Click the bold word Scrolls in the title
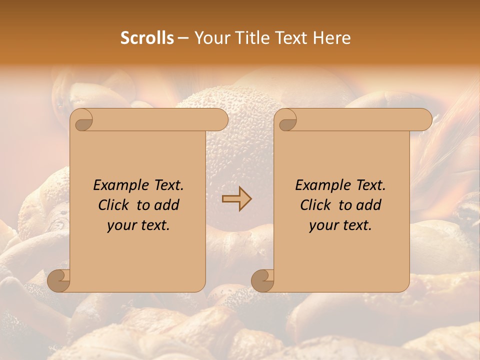click(147, 38)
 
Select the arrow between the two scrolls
click(236, 198)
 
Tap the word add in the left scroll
click(167, 205)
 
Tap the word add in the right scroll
click(369, 205)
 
